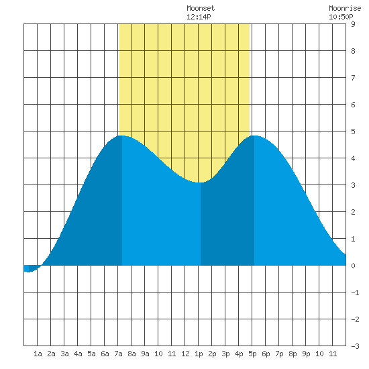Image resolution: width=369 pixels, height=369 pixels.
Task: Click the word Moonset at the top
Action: point(201,8)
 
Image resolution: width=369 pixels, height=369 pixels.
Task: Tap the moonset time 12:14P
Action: point(199,17)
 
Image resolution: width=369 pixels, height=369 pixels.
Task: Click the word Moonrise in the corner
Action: point(345,8)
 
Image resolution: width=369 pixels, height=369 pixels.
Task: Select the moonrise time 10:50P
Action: point(341,17)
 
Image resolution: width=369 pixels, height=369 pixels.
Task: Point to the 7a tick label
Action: point(118,354)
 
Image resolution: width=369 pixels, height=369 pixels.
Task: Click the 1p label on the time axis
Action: point(199,354)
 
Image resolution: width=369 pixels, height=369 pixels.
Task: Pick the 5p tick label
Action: point(252,354)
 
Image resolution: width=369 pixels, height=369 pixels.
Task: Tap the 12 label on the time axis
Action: point(185,354)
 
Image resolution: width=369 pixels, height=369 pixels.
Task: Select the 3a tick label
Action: point(64,354)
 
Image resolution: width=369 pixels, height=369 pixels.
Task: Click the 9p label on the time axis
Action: point(306,354)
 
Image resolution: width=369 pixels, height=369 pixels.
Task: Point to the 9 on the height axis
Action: point(353,24)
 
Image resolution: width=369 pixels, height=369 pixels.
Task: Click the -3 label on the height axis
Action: point(356,346)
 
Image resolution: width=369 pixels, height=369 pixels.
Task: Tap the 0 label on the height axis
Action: point(353,266)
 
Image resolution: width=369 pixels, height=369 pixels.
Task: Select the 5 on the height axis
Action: point(353,131)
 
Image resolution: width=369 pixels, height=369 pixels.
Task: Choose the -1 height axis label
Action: point(356,293)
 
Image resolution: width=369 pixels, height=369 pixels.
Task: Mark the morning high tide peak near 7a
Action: point(121,136)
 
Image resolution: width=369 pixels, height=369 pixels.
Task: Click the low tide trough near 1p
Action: point(201,182)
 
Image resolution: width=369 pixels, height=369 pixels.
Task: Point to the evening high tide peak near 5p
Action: point(254,136)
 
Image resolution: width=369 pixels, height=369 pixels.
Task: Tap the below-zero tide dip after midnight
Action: point(28,272)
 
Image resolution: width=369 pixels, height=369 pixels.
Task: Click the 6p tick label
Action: point(266,354)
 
